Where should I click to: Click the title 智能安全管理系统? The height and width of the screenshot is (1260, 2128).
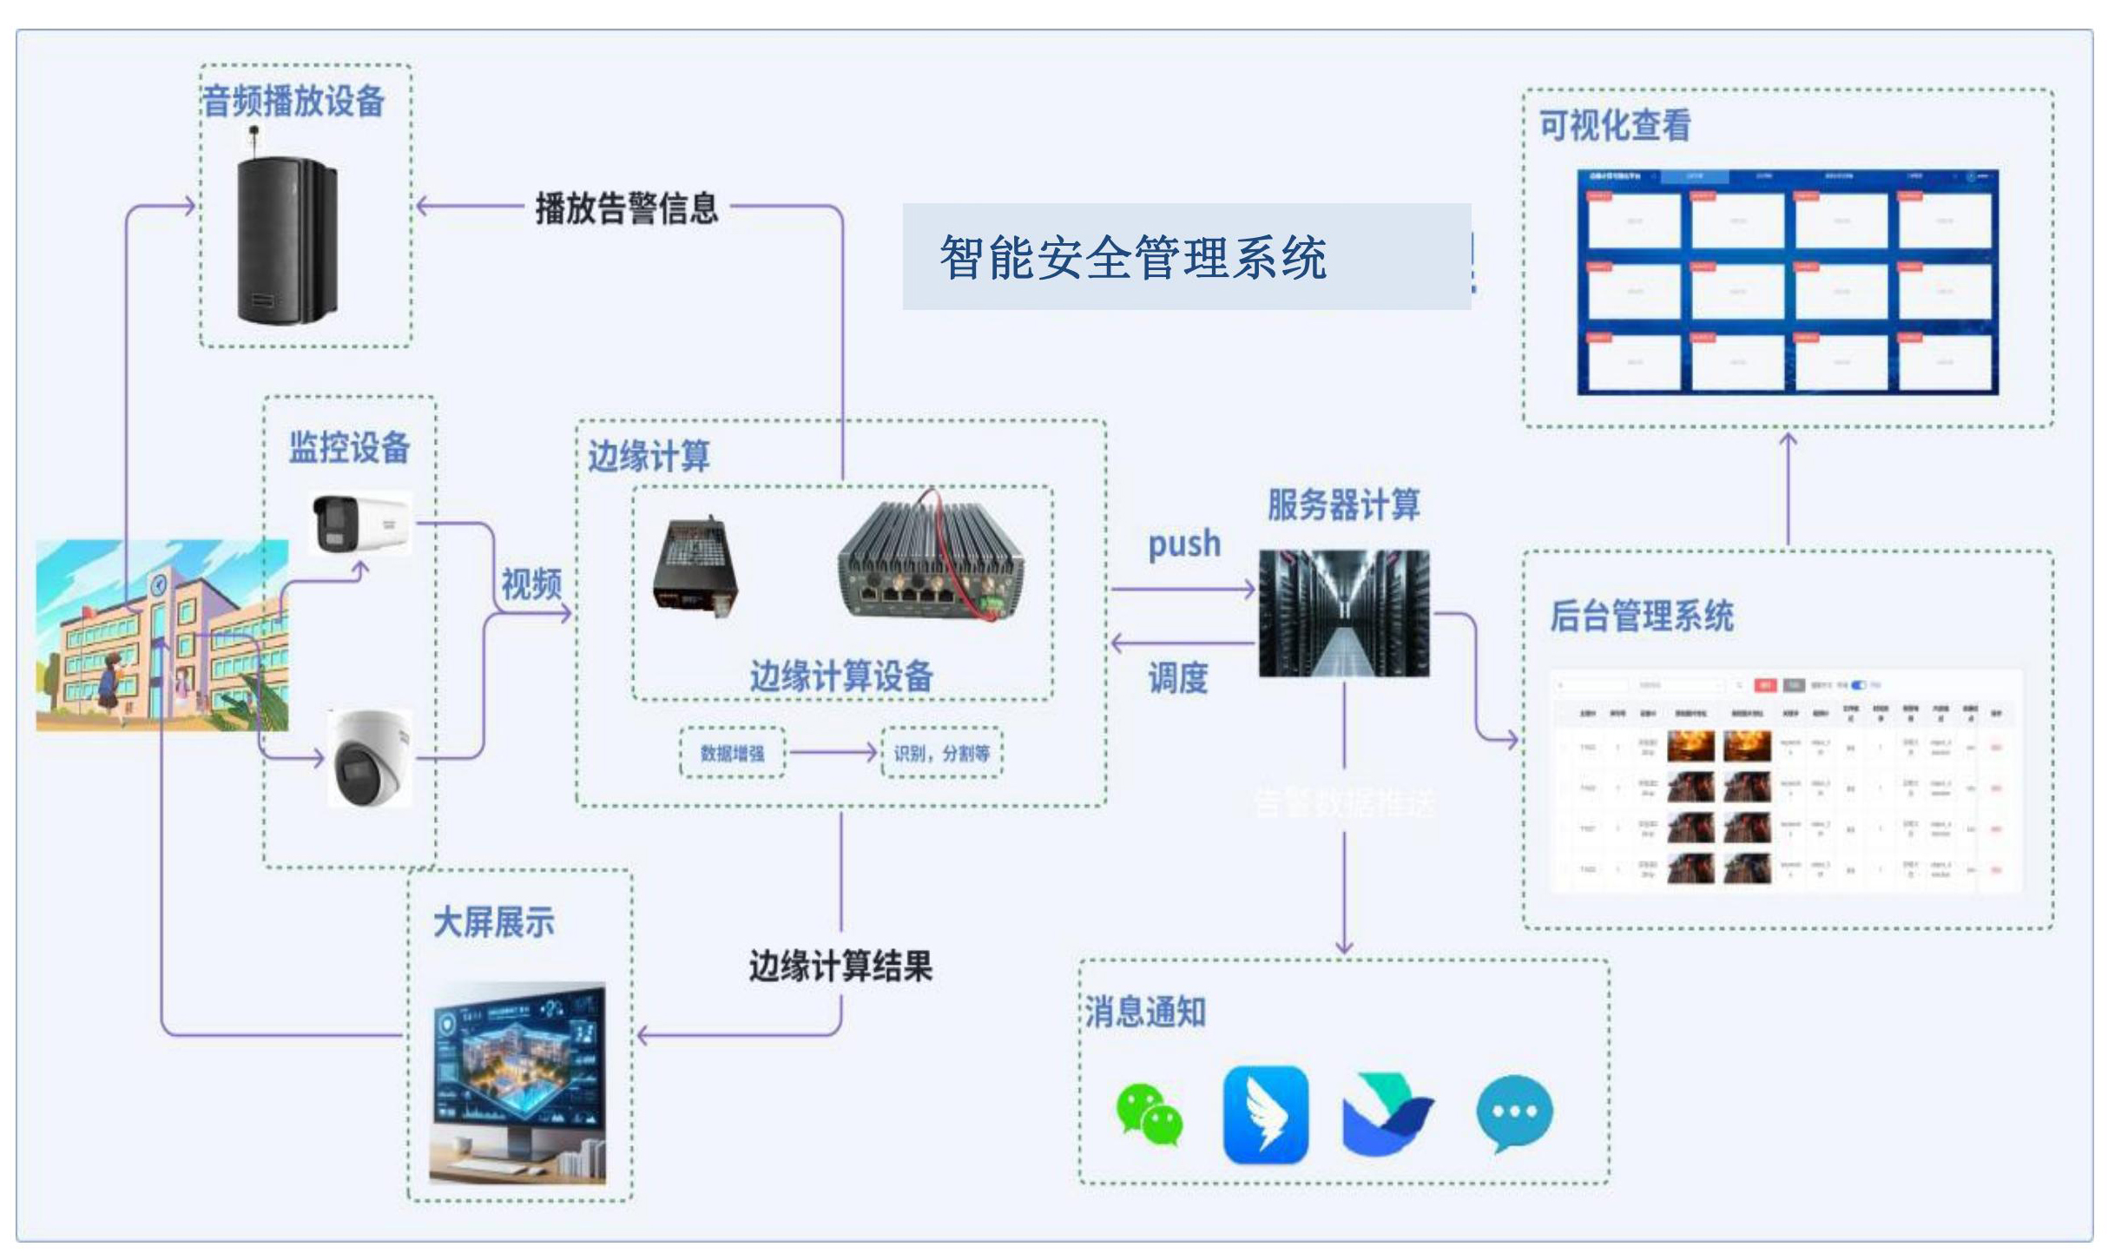pyautogui.click(x=1132, y=258)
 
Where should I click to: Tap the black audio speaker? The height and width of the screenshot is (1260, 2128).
pyautogui.click(x=286, y=239)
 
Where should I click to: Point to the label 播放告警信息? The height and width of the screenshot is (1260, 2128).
pyautogui.click(x=626, y=208)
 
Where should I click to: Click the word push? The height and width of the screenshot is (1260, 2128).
pyautogui.click(x=1183, y=544)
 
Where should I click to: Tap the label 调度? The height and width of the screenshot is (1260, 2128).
pyautogui.click(x=1177, y=678)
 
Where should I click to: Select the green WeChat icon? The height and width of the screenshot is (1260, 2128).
pyautogui.click(x=1149, y=1114)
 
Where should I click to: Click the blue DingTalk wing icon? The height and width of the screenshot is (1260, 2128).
pyautogui.click(x=1265, y=1114)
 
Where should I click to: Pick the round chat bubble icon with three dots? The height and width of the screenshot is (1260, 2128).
pyautogui.click(x=1514, y=1112)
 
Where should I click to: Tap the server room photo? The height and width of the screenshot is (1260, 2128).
pyautogui.click(x=1343, y=613)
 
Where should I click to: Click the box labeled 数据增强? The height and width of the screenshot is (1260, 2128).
pyautogui.click(x=732, y=753)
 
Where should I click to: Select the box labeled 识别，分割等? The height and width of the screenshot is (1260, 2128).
pyautogui.click(x=941, y=753)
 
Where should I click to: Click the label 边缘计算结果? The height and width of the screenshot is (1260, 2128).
pyautogui.click(x=840, y=966)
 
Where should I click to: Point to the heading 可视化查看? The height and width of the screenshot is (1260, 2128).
pyautogui.click(x=1614, y=126)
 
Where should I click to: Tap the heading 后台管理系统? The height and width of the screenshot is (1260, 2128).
pyautogui.click(x=1641, y=617)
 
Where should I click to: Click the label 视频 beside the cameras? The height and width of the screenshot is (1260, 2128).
pyautogui.click(x=531, y=584)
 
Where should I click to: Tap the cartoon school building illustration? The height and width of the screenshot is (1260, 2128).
pyautogui.click(x=161, y=636)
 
